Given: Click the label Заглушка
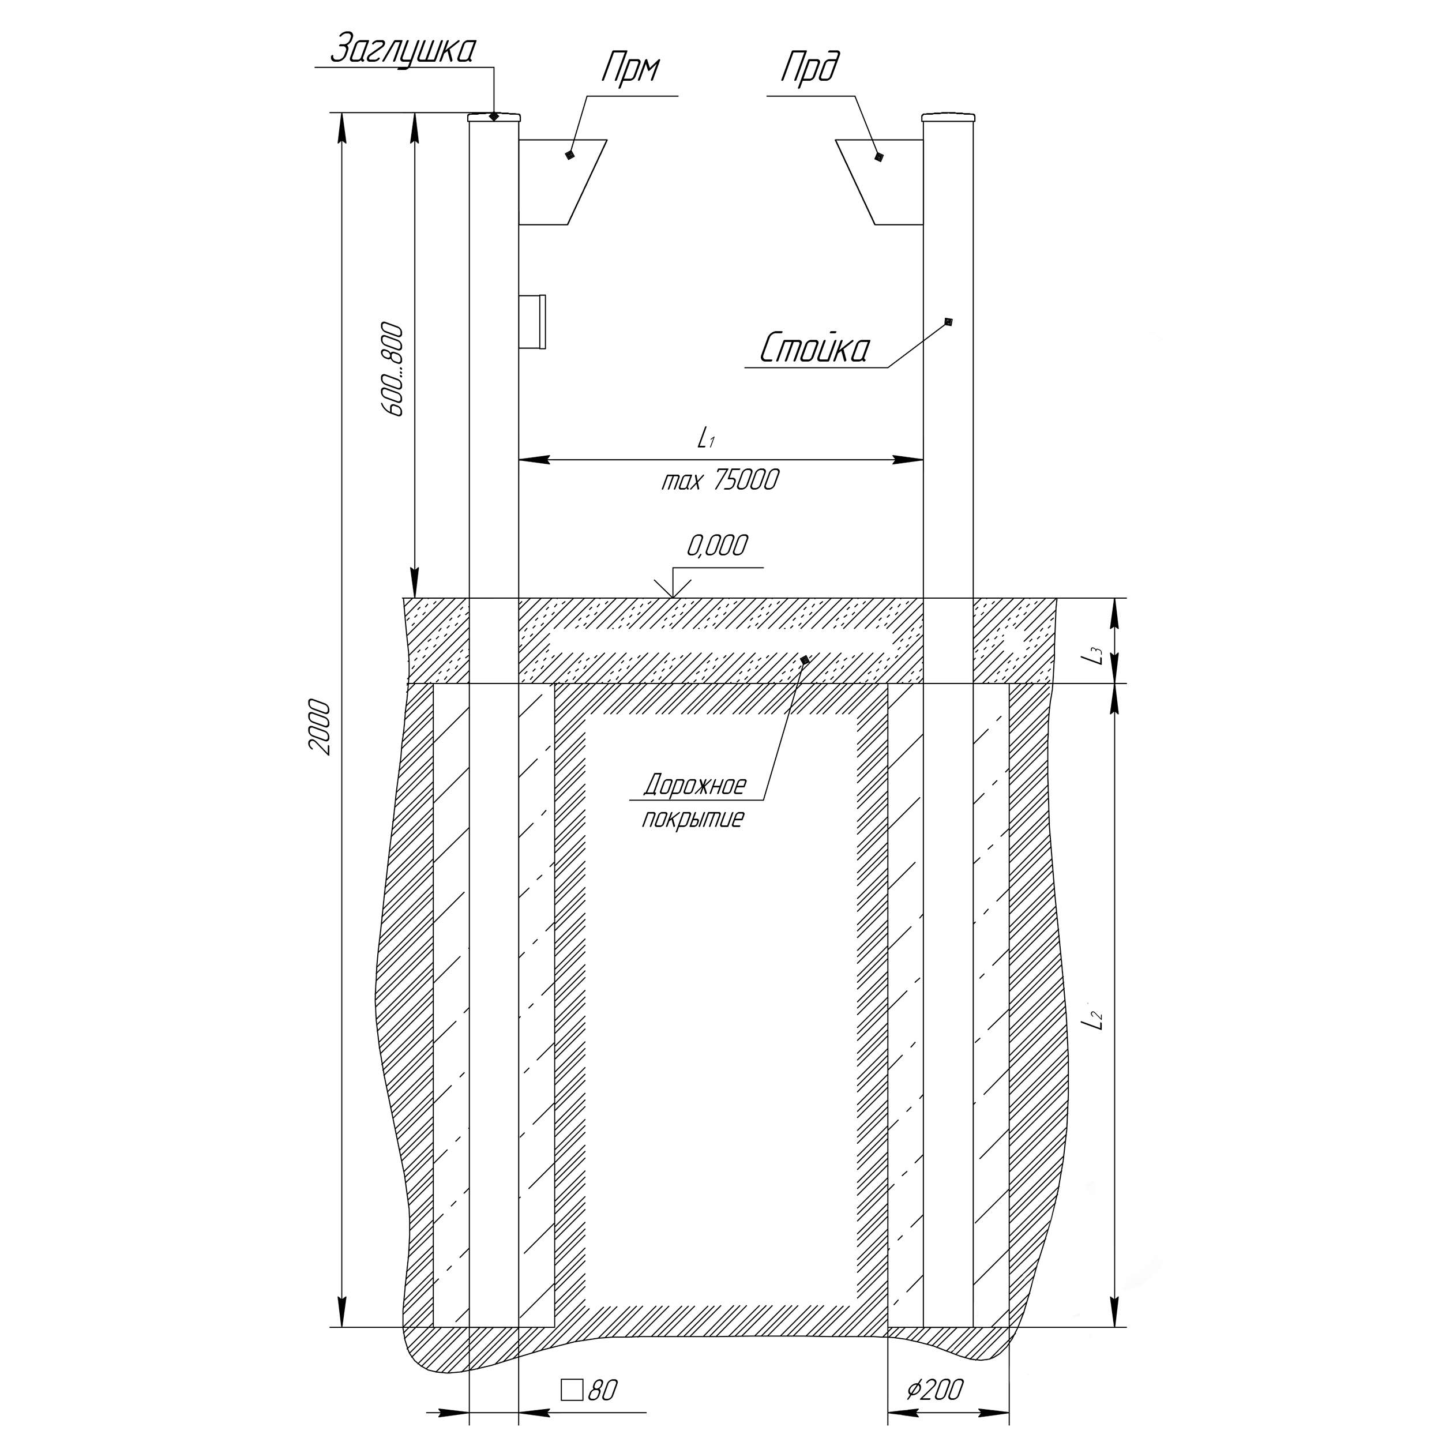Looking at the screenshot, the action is click(x=402, y=50).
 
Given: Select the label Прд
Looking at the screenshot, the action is click(x=810, y=69).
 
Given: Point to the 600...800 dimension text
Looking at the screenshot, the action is click(x=391, y=370).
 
